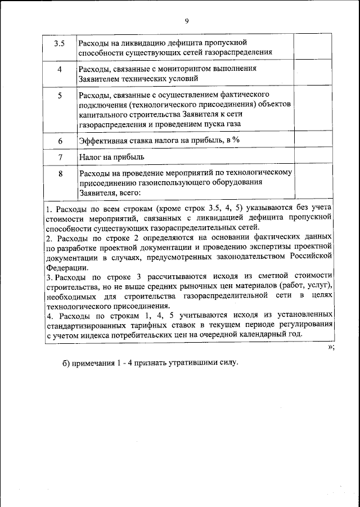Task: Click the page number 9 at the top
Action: click(x=187, y=21)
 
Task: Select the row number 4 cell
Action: click(x=60, y=69)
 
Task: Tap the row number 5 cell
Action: click(x=60, y=96)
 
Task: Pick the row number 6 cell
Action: click(x=60, y=140)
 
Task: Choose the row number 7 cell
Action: click(x=60, y=156)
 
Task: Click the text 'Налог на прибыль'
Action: click(x=112, y=156)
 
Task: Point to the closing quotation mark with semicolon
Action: click(x=331, y=347)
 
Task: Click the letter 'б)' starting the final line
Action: click(x=66, y=362)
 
